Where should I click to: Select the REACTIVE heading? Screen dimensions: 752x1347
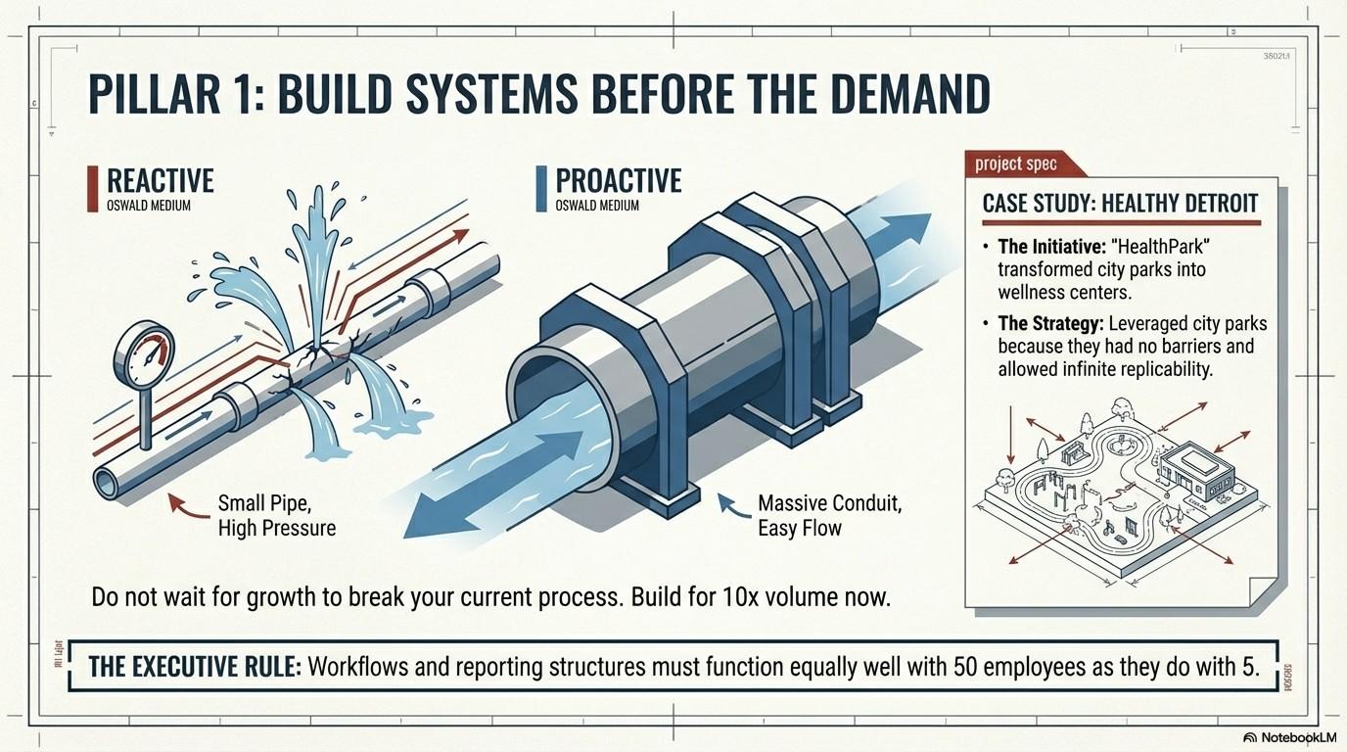click(160, 181)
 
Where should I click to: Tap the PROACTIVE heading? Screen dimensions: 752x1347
click(618, 181)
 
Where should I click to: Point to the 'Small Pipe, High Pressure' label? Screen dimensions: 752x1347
click(276, 517)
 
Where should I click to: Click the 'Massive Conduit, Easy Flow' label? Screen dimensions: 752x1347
click(829, 517)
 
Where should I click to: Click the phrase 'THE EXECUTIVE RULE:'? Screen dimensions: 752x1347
click(194, 667)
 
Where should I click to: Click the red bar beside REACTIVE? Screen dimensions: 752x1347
click(93, 188)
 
